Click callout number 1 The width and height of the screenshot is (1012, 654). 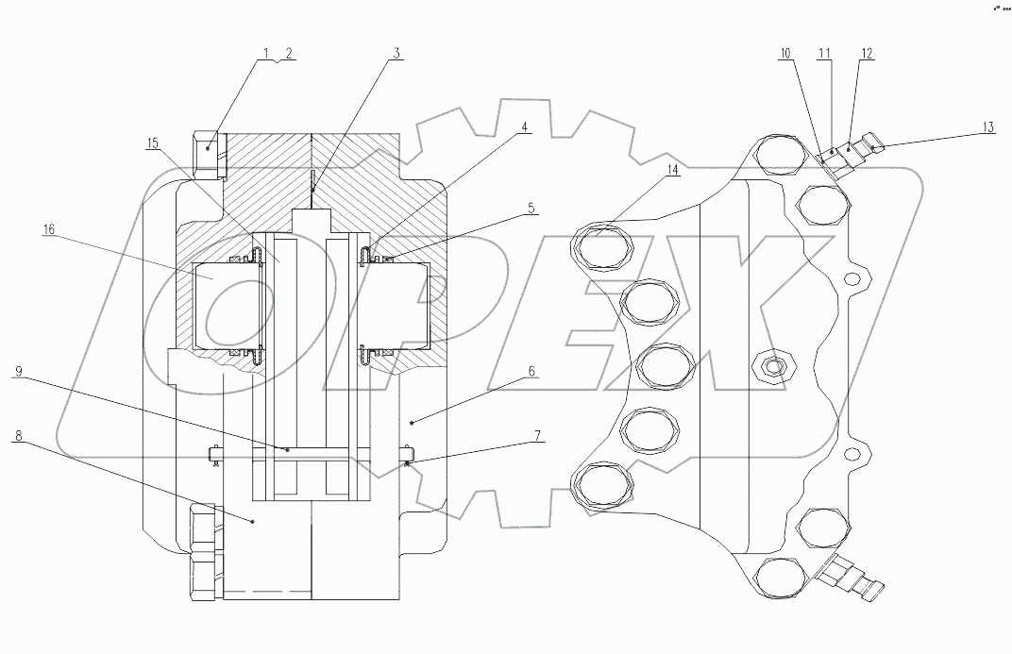tap(266, 53)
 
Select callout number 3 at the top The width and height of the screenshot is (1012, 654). tap(397, 53)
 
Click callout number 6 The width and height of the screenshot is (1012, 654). tap(531, 372)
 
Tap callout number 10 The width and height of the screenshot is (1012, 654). tap(785, 54)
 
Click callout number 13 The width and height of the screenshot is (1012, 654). tap(987, 126)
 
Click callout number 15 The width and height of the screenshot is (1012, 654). tap(152, 143)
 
